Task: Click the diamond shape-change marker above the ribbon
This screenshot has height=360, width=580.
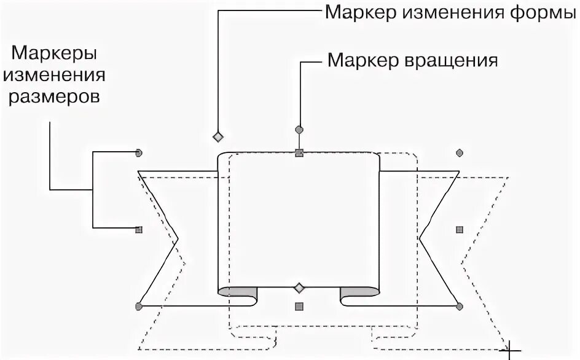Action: (x=217, y=136)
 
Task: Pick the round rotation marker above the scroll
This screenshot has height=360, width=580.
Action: (x=299, y=130)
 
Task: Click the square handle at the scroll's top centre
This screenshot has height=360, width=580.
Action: (x=299, y=153)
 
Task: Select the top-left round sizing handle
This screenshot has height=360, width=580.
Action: (x=139, y=152)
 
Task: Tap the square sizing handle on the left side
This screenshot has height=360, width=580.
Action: (x=139, y=230)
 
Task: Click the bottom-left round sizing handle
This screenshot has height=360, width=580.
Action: (x=139, y=305)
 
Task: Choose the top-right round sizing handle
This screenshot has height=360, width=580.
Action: (x=459, y=152)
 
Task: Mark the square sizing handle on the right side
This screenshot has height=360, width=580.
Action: (x=459, y=229)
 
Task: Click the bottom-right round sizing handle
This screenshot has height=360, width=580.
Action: (x=459, y=305)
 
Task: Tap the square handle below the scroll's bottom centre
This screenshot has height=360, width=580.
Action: (x=299, y=306)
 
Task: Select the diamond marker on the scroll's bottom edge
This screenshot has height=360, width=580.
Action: (x=299, y=288)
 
